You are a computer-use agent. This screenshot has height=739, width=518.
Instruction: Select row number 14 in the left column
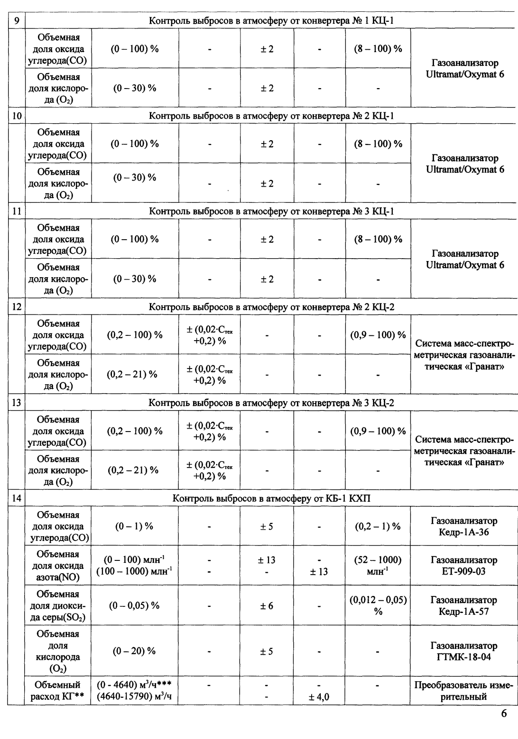16,499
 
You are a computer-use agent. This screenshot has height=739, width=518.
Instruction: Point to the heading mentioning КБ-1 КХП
275,499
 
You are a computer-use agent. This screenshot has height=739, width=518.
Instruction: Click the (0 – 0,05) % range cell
135,605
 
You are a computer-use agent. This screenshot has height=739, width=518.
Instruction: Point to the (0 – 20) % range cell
134,651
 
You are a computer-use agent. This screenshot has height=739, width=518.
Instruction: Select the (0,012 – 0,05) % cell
378,605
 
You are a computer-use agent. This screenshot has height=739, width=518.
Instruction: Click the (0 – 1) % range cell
134,526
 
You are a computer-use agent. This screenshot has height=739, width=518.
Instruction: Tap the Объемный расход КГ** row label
58,691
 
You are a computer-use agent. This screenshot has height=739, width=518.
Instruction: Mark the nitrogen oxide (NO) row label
58,566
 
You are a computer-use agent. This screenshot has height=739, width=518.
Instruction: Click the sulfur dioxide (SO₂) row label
58,605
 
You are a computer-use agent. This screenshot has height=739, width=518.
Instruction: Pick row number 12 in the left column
16,307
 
